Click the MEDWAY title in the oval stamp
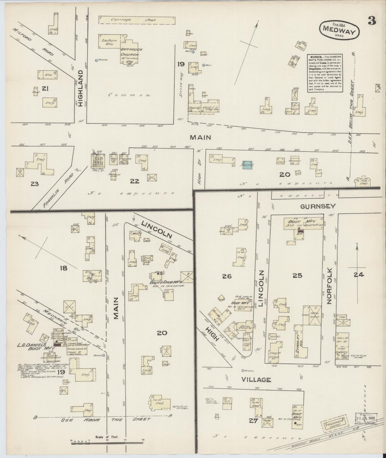339,32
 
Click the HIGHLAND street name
81,85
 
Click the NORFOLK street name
329,285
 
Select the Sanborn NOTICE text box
325,73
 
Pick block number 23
35,184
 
